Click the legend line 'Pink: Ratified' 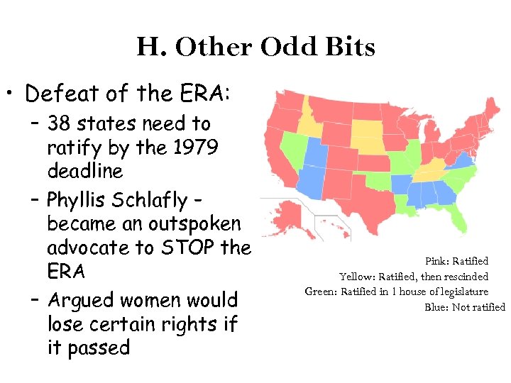click(456, 262)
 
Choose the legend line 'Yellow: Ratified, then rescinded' click(414, 277)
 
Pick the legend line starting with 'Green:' click(397, 292)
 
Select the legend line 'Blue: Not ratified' click(465, 307)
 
